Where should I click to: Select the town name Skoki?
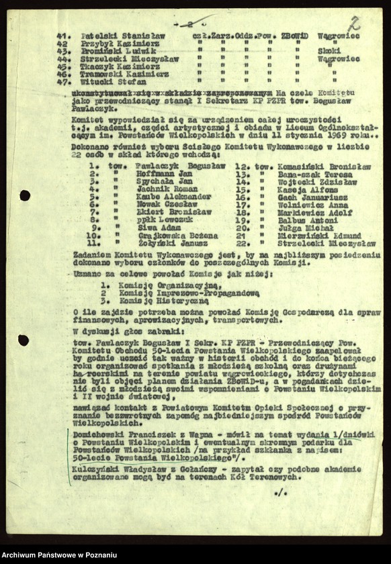click(328, 50)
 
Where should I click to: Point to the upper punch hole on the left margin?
click(25, 195)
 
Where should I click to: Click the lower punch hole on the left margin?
click(24, 340)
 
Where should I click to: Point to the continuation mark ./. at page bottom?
click(280, 493)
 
